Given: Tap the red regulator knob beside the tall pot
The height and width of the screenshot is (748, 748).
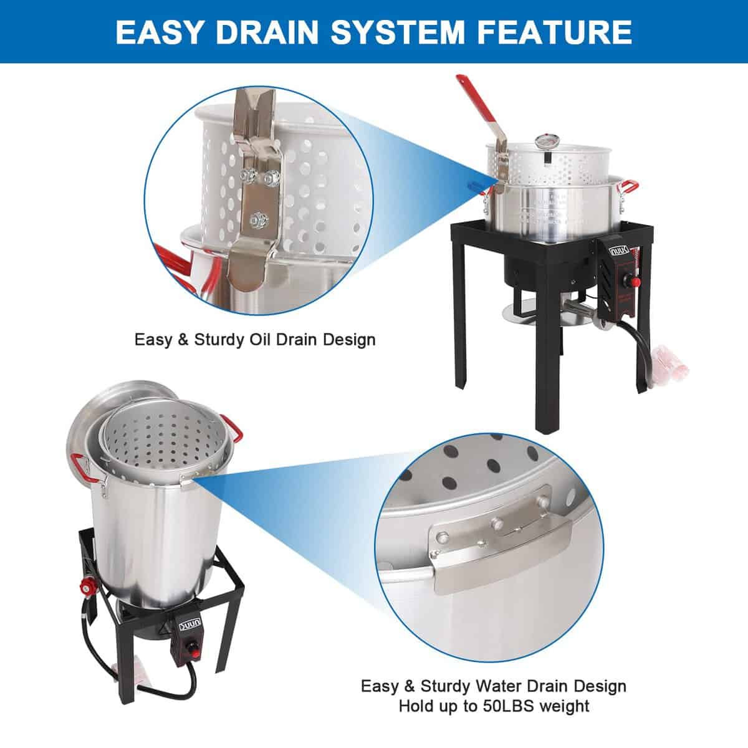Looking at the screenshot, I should tap(89, 586).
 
